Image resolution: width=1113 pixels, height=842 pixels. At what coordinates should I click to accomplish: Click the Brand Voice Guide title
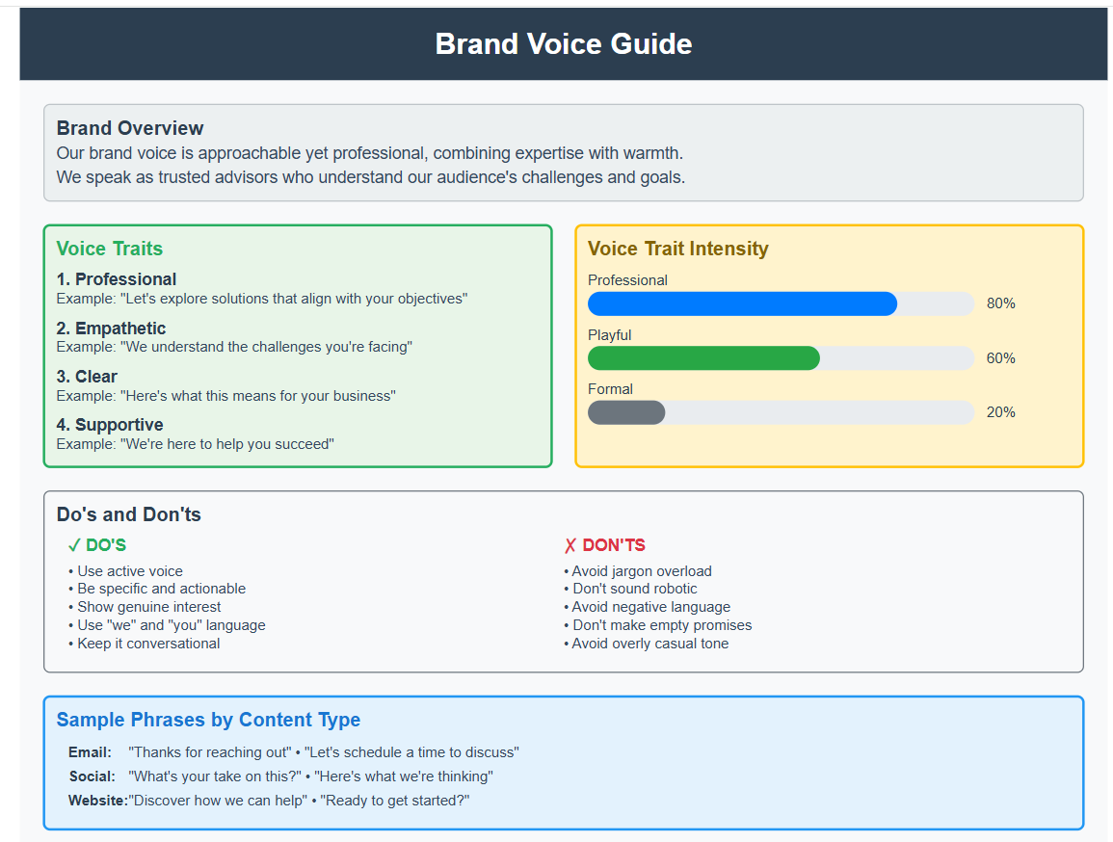(564, 44)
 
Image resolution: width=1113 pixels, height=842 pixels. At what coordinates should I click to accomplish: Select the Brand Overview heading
(130, 128)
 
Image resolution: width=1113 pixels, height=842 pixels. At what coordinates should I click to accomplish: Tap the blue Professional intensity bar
(742, 303)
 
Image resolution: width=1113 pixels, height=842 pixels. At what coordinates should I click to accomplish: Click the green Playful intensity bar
(703, 358)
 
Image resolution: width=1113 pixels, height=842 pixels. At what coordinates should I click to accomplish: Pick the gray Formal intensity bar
(626, 412)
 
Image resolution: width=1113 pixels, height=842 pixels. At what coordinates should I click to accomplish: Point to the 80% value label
(1001, 303)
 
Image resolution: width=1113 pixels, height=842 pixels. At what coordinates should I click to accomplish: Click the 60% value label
(1001, 358)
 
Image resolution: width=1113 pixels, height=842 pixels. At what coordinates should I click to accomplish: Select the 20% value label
(1001, 412)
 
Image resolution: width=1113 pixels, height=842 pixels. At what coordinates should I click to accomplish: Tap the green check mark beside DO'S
(74, 545)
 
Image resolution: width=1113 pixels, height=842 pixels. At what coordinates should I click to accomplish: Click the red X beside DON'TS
(570, 545)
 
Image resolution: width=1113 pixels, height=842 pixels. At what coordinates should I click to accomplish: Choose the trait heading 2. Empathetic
(111, 329)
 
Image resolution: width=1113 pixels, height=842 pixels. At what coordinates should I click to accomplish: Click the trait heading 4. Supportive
(110, 425)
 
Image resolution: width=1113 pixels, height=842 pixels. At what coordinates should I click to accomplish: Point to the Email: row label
(91, 751)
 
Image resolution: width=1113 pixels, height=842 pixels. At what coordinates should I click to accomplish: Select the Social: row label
(93, 776)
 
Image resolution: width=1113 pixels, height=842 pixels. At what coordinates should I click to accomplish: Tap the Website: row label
(98, 801)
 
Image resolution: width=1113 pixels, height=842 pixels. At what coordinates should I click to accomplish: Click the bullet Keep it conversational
(145, 644)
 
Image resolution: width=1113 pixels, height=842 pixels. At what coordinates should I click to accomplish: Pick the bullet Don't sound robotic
(630, 589)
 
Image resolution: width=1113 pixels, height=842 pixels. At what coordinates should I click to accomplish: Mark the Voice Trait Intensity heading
(677, 249)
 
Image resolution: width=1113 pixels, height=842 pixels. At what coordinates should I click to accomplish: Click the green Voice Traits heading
(109, 249)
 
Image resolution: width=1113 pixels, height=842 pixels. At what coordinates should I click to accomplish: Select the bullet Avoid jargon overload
(637, 571)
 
